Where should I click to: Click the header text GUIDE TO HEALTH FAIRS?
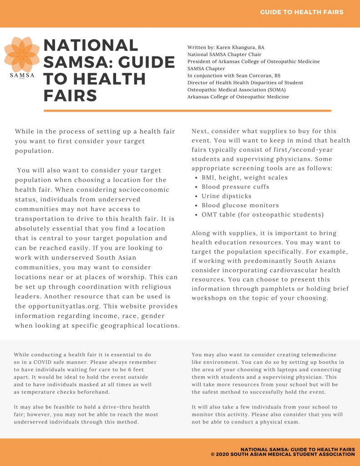[x=302, y=12]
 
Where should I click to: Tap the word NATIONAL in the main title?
[x=91, y=46]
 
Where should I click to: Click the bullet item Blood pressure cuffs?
[x=235, y=187]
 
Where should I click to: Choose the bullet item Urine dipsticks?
[x=226, y=196]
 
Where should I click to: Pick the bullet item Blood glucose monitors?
[x=240, y=205]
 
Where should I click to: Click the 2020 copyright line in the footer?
[x=283, y=454]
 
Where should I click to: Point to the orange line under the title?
[x=187, y=111]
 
